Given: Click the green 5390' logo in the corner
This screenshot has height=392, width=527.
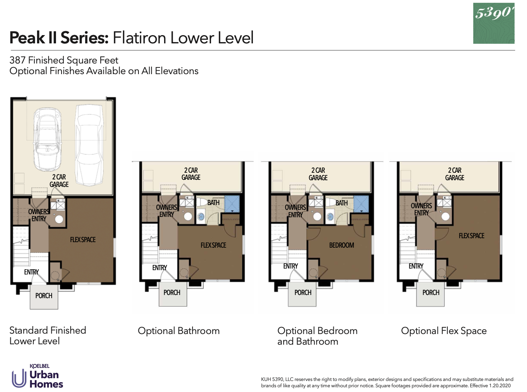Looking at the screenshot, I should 493,23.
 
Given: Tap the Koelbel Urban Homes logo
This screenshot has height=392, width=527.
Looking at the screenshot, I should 37,377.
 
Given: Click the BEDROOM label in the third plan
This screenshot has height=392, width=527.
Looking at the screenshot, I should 342,245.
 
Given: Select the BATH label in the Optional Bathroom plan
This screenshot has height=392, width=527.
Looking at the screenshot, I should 213,203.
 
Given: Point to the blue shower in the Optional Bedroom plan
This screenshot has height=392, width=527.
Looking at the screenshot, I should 361,204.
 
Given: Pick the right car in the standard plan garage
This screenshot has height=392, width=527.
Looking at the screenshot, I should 90,144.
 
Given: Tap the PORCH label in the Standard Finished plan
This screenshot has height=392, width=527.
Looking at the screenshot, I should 44,296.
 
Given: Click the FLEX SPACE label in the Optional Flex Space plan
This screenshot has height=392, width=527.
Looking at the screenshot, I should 471,236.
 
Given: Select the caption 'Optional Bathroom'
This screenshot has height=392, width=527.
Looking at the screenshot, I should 179,331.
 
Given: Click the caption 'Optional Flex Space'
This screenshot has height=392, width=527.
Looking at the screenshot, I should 444,331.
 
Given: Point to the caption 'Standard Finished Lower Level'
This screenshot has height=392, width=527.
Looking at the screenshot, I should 48,336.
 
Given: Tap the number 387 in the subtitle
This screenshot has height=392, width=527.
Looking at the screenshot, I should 17,60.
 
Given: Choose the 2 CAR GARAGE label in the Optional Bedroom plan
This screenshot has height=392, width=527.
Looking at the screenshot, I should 318,174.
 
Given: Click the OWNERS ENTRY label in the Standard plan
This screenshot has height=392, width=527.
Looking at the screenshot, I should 39,215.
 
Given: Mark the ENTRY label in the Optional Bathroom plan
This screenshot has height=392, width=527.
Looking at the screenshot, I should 159,268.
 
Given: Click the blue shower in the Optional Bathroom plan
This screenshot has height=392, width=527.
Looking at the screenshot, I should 232,204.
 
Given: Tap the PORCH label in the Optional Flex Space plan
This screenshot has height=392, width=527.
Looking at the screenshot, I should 431,293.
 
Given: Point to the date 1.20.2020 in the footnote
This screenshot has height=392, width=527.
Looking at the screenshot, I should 500,386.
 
